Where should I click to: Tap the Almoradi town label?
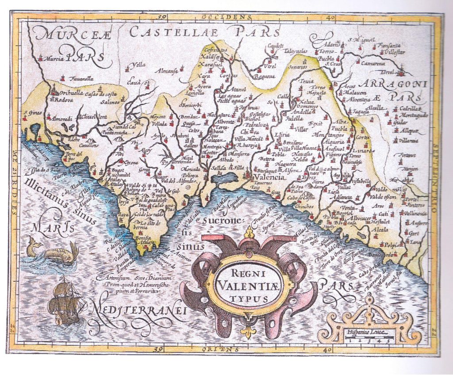(x=61, y=119)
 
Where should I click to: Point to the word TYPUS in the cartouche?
(x=248, y=298)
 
